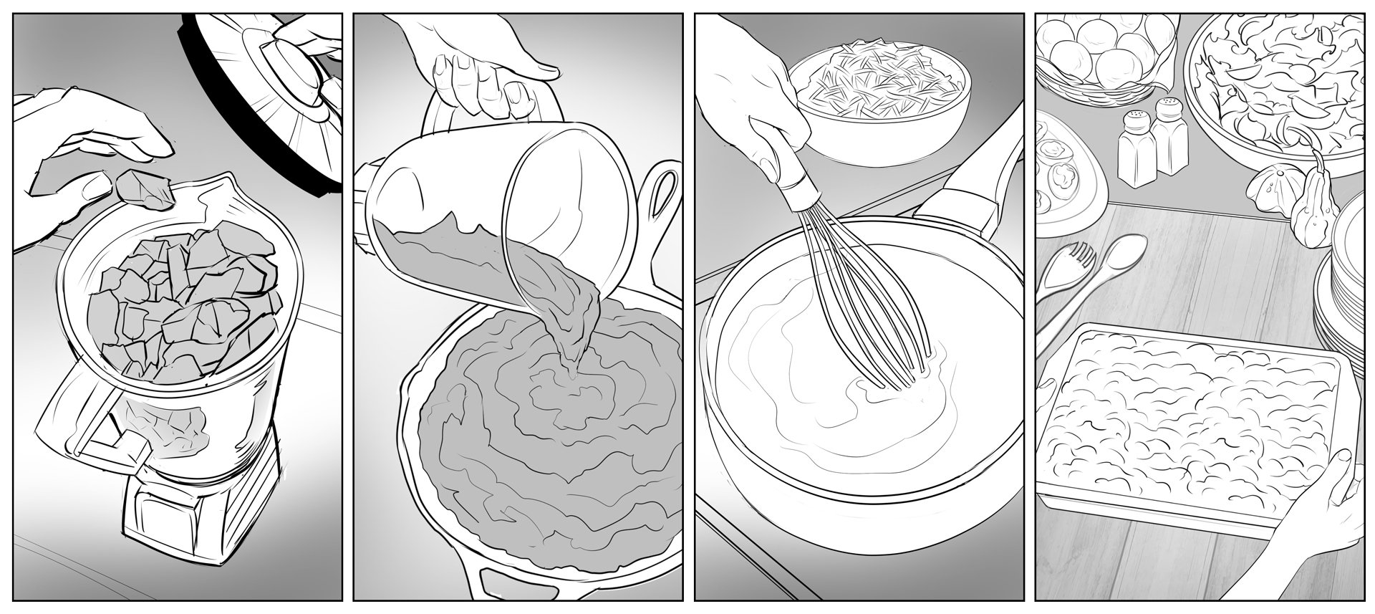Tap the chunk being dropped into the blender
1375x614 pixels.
(x=143, y=188)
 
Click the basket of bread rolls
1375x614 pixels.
(x=1096, y=50)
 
